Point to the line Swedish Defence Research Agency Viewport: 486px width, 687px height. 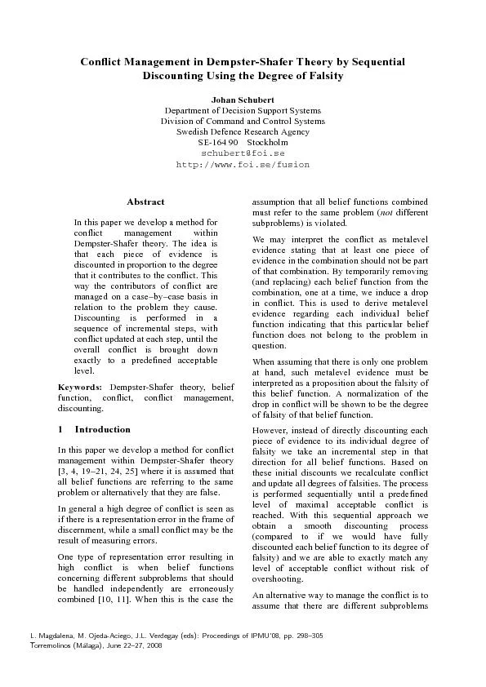click(243, 131)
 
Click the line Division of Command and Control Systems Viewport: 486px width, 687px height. click(243, 121)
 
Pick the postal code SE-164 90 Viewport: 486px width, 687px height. click(210, 142)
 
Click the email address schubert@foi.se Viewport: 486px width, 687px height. click(243, 153)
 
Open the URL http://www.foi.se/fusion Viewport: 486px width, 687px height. click(243, 164)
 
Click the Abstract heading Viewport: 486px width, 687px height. click(145, 202)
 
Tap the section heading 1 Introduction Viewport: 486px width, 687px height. click(94, 429)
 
